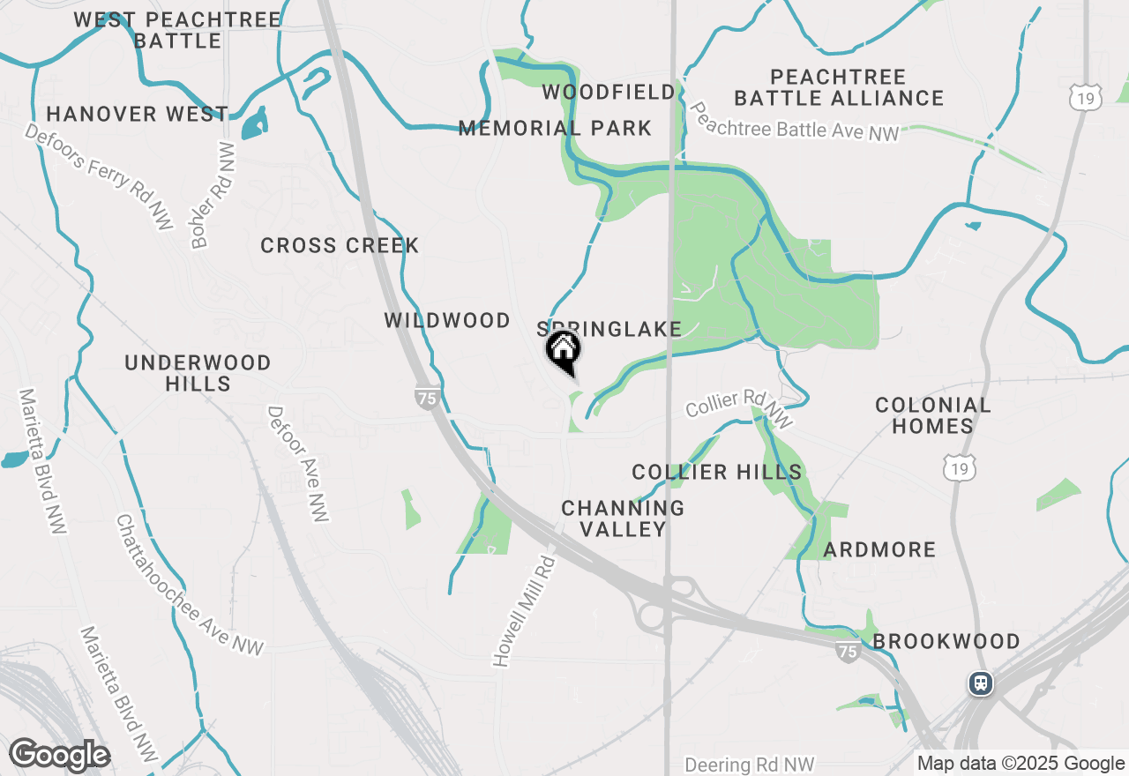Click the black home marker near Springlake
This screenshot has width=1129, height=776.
tap(563, 350)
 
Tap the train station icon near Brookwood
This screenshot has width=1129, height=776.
tap(980, 683)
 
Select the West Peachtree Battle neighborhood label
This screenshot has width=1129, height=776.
tap(177, 30)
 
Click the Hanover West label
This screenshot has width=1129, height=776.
tap(137, 114)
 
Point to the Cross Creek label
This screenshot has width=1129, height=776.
tap(340, 245)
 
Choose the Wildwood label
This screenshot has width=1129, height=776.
tap(447, 320)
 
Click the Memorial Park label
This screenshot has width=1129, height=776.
tap(555, 129)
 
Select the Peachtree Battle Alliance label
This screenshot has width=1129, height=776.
tap(839, 87)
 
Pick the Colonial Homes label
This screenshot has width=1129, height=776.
tap(933, 415)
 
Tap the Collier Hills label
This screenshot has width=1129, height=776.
tap(717, 473)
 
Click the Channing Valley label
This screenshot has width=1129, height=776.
tap(623, 519)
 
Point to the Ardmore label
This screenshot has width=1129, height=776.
tap(879, 550)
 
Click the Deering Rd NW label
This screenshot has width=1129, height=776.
tap(750, 765)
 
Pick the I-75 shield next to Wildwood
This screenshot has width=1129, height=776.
tap(427, 398)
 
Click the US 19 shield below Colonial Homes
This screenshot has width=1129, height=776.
tap(959, 468)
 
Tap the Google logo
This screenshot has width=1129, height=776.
tap(59, 755)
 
